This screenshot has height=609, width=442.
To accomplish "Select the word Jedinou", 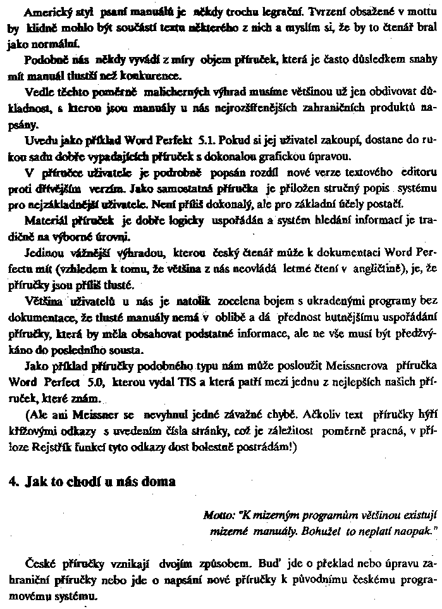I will coord(42,253).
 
